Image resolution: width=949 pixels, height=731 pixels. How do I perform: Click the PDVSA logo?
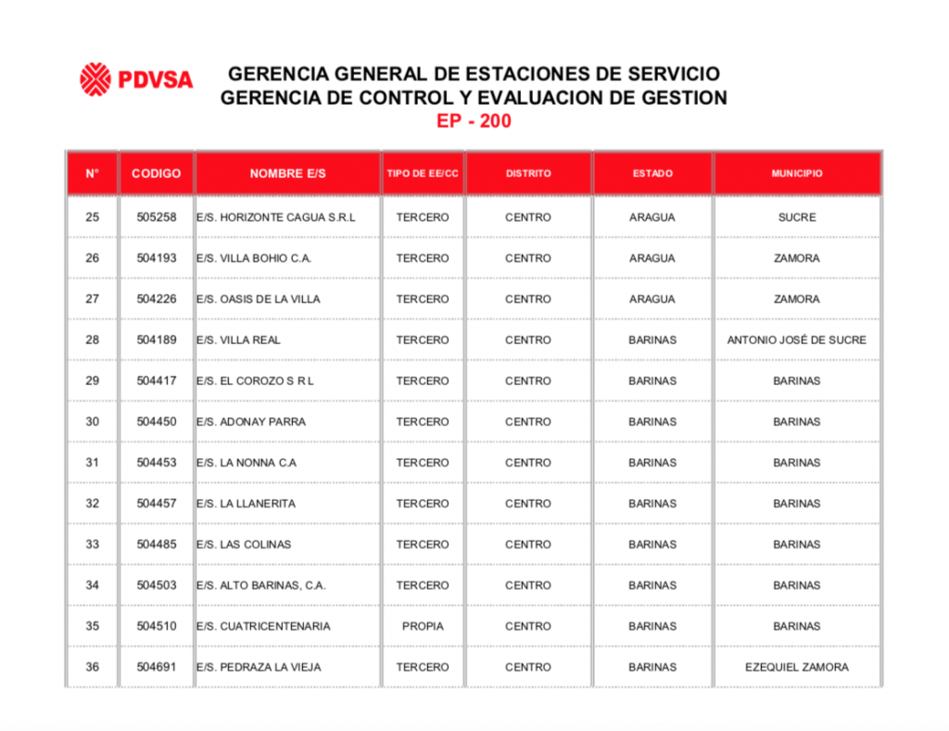coord(136,79)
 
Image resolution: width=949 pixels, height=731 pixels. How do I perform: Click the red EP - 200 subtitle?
coord(474,122)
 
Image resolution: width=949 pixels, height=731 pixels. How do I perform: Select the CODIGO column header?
coord(157,173)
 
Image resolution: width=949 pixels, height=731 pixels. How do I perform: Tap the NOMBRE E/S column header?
coord(287,173)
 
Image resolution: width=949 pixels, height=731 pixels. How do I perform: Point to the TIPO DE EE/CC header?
coord(423,173)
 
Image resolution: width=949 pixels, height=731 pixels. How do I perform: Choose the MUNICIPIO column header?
coord(796,173)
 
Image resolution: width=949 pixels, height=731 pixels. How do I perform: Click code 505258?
coord(157,217)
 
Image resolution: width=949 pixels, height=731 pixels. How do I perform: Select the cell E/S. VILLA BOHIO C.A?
coord(253,258)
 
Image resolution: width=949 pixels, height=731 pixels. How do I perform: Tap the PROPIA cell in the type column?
coord(423,626)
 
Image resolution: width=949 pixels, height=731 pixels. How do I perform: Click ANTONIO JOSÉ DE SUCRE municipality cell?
coord(796,340)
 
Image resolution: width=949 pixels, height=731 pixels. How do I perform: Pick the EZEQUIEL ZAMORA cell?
coord(796,667)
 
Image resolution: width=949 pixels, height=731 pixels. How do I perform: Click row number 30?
coord(92,421)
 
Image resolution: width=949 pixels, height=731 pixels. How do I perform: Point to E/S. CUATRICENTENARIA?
coord(262,626)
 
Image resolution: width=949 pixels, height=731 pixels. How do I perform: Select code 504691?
coord(157,667)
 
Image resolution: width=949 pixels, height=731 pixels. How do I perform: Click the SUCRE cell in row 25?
coord(796,217)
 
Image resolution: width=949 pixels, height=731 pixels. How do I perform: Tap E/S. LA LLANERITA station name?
coord(246,504)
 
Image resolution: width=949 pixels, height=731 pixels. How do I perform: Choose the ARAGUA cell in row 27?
coord(652,299)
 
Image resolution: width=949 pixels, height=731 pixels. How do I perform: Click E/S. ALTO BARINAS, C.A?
coord(260,585)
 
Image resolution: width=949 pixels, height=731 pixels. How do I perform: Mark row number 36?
coord(92,667)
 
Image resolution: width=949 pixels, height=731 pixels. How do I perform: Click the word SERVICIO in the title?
coord(672,73)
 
